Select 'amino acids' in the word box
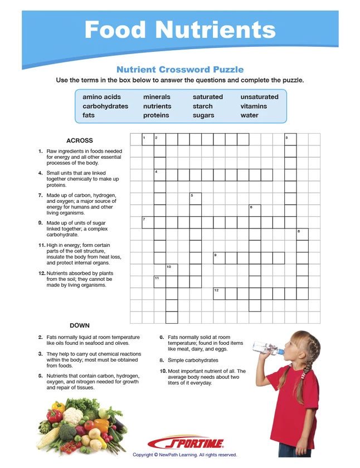pyautogui.click(x=102, y=97)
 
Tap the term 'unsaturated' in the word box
pyautogui.click(x=259, y=97)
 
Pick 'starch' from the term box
pyautogui.click(x=203, y=106)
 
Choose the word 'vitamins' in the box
pyautogui.click(x=254, y=106)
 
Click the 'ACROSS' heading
pyautogui.click(x=80, y=140)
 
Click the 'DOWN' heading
pyautogui.click(x=80, y=325)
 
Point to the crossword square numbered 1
pyautogui.click(x=148, y=139)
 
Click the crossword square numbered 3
pyautogui.click(x=290, y=139)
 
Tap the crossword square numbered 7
pyautogui.click(x=148, y=222)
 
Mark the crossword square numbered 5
pyautogui.click(x=195, y=198)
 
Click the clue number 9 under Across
pyautogui.click(x=41, y=223)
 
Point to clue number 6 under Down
pyautogui.click(x=162, y=337)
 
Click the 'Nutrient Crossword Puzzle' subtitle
pyautogui.click(x=180, y=70)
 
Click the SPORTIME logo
pyautogui.click(x=187, y=443)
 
